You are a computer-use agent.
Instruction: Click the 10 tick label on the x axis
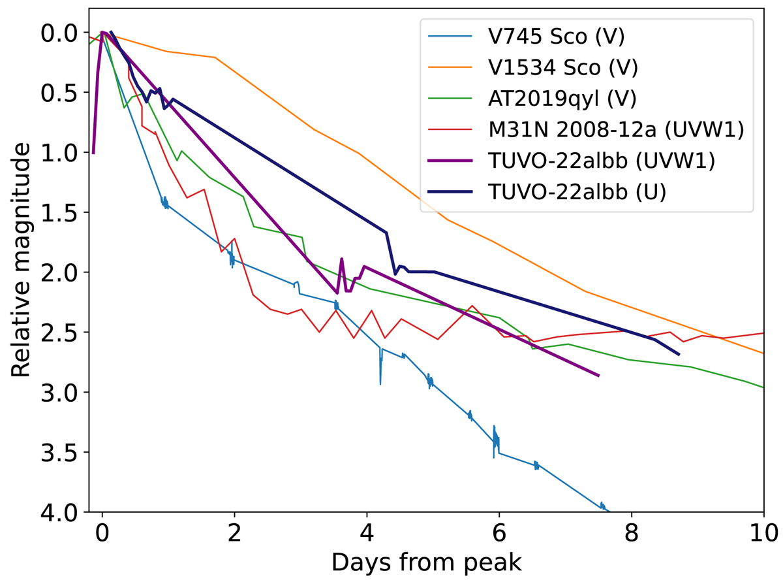coord(763,532)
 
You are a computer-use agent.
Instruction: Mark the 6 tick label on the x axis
coord(499,532)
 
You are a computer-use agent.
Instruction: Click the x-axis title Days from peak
coord(426,562)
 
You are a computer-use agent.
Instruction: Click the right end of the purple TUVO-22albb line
coord(598,376)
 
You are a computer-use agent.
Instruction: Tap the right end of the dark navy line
coord(679,355)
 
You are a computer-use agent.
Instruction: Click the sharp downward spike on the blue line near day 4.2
coord(380,383)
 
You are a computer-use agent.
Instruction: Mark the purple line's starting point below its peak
coord(93,153)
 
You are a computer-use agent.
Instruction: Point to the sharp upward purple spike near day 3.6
coord(341,259)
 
